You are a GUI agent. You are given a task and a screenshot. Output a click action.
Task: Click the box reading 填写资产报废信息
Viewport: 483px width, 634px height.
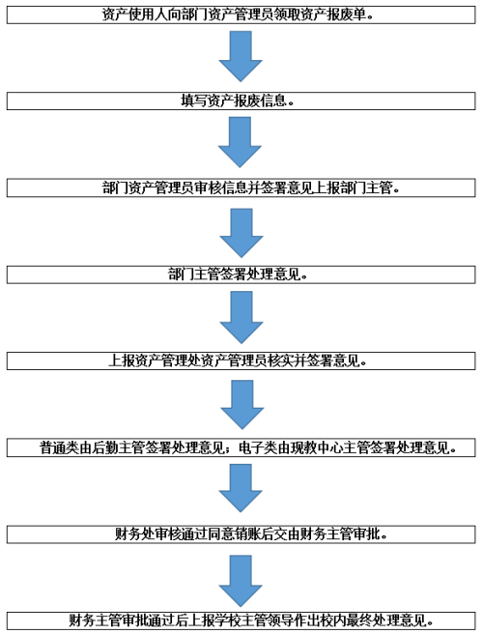241,101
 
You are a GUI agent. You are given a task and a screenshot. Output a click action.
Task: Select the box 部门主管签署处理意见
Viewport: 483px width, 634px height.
241,274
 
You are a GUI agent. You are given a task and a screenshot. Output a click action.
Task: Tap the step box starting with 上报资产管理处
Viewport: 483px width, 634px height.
241,360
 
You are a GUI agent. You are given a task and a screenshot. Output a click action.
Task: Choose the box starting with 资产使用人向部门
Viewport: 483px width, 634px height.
241,14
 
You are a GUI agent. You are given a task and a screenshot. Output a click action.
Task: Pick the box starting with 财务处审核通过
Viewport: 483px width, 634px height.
241,534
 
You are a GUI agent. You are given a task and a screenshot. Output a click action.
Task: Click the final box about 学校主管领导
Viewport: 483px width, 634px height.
241,620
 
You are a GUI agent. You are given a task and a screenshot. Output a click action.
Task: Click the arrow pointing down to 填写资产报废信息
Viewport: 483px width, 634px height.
241,56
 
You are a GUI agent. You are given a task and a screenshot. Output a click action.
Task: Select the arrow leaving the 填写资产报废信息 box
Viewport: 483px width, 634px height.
241,142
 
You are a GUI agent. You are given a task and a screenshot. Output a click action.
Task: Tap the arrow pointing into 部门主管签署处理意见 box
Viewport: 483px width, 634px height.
241,233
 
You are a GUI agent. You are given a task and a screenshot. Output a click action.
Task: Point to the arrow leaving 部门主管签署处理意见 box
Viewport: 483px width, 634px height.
241,318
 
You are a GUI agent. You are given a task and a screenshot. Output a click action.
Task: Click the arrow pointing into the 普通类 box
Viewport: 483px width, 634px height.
242,405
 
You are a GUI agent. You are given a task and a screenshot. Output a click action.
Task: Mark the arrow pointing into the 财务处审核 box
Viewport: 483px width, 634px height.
241,488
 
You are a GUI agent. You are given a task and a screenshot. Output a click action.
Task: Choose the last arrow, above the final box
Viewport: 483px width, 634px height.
241,581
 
